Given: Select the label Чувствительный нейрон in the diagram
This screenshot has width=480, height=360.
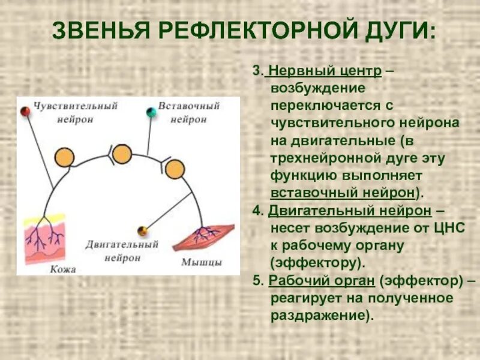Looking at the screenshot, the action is [75, 112].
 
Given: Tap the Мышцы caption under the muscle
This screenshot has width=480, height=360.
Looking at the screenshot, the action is [202, 262].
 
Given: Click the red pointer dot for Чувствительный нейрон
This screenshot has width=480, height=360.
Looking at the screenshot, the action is [25, 112].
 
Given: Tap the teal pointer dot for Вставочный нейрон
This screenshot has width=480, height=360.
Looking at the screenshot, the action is [151, 112].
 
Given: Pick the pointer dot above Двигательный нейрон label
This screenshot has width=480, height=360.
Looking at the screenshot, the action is [142, 230].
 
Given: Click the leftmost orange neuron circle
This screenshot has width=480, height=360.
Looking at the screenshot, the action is [64, 157].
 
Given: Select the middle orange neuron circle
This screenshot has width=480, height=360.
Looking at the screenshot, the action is [122, 154].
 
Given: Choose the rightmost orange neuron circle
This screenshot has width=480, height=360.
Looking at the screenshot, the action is [175, 169].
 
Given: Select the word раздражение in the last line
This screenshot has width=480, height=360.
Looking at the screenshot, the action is [314, 315].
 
